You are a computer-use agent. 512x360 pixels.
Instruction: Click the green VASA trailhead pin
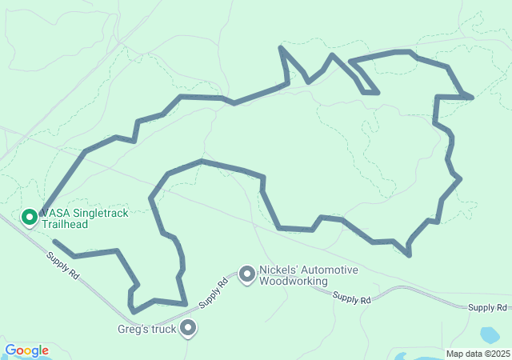click(30, 217)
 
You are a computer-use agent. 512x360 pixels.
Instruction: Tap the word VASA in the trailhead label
click(55, 214)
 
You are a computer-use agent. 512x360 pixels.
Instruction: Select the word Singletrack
click(100, 214)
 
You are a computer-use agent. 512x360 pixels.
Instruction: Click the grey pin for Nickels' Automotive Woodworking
click(247, 274)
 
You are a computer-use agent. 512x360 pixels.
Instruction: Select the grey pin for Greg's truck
click(189, 327)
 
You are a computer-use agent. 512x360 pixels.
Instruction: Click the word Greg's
click(132, 328)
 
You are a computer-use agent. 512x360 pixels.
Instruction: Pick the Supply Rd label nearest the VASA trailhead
click(62, 266)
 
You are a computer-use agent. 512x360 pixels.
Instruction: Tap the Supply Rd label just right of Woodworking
click(352, 299)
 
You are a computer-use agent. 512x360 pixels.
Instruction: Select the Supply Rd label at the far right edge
click(488, 307)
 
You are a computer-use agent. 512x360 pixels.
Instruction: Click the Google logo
click(26, 350)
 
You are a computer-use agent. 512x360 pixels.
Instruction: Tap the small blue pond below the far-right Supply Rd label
click(488, 334)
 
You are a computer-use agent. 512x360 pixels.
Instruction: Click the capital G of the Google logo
click(10, 350)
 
